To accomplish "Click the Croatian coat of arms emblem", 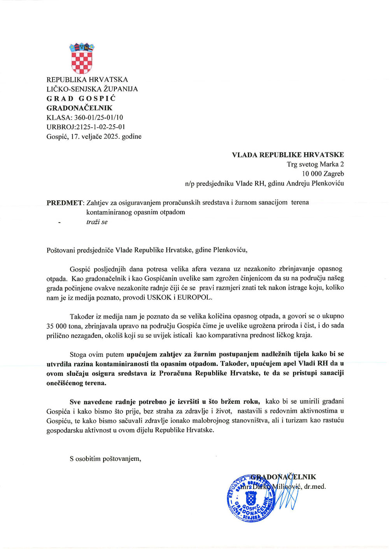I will click(82, 58).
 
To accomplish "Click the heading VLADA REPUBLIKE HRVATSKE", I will click(287, 155).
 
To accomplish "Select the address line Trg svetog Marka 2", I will click(315, 164).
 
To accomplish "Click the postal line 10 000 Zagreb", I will click(322, 174).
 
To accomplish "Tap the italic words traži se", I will click(97, 222).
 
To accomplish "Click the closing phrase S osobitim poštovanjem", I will click(105, 459).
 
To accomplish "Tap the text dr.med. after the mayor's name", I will click(315, 486).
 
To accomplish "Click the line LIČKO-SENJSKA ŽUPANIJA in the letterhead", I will click(92, 89).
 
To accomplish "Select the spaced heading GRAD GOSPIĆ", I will click(81, 99).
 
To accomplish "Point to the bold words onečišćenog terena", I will click(76, 383).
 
